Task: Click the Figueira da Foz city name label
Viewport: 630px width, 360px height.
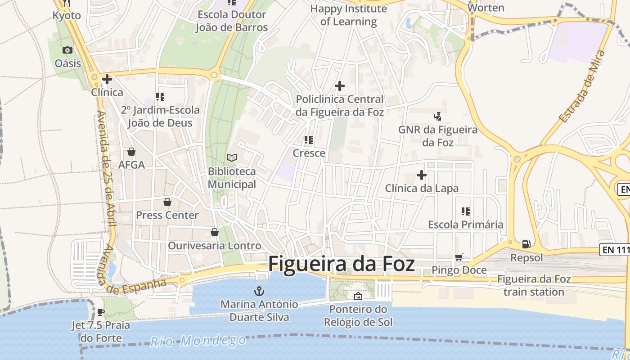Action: pyautogui.click(x=342, y=264)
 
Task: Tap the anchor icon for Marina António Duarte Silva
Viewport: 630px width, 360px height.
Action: pyautogui.click(x=259, y=290)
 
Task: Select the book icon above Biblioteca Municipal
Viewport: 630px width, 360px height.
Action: pyautogui.click(x=232, y=157)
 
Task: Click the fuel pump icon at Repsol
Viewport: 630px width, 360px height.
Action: pyautogui.click(x=526, y=244)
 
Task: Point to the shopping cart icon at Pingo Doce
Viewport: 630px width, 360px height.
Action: pyautogui.click(x=459, y=257)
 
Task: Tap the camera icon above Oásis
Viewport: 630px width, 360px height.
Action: pyautogui.click(x=67, y=50)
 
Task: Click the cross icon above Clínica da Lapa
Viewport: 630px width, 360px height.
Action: pyautogui.click(x=422, y=175)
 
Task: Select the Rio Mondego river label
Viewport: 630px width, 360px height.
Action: pyautogui.click(x=198, y=341)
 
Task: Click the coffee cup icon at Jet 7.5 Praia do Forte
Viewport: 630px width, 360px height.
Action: pyautogui.click(x=101, y=312)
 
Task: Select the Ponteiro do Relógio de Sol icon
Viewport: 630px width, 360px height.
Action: pyautogui.click(x=358, y=296)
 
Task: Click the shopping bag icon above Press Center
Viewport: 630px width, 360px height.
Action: pyautogui.click(x=167, y=202)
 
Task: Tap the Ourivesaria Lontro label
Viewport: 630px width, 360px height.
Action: pyautogui.click(x=214, y=246)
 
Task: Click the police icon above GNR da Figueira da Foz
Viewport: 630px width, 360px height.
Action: pyautogui.click(x=437, y=117)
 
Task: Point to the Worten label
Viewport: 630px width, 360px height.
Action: pyautogui.click(x=486, y=8)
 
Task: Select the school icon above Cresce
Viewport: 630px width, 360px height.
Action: pyautogui.click(x=309, y=140)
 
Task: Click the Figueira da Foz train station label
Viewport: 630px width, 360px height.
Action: pyautogui.click(x=534, y=285)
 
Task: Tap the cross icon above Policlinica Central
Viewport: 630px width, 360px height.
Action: pyautogui.click(x=340, y=85)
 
